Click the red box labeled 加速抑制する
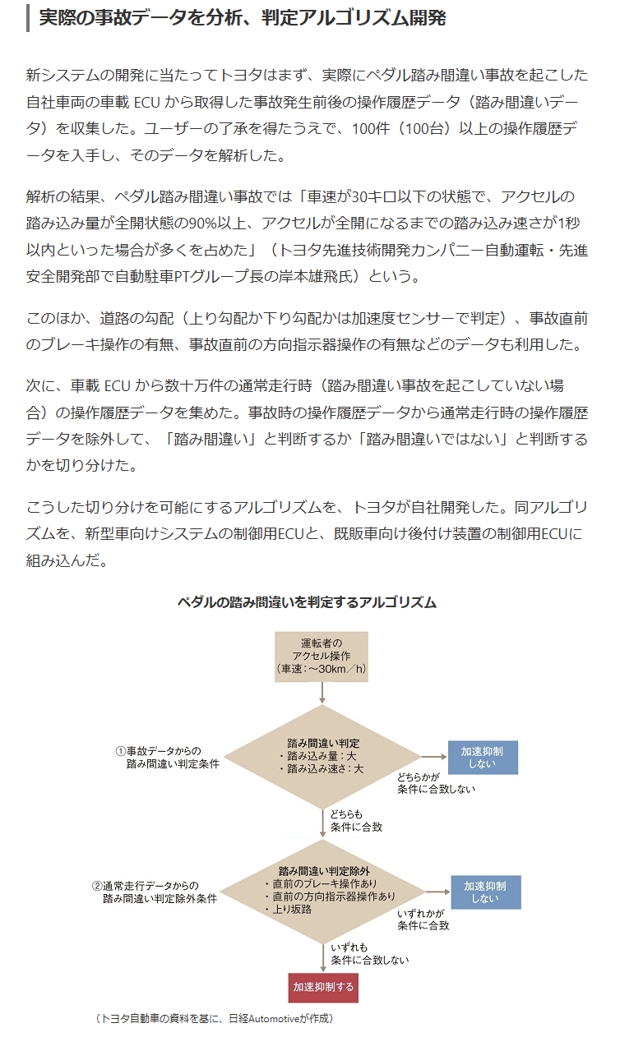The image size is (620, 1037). coord(323,986)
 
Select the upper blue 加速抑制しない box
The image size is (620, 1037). coord(482,757)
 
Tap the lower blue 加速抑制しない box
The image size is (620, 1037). coord(485,892)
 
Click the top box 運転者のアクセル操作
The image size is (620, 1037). coord(322,657)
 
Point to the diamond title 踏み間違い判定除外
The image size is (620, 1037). coord(324,870)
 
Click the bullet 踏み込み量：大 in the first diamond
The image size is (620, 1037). coord(318,755)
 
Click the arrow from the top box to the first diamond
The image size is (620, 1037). coord(322,694)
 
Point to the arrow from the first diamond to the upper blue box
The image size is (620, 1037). coord(432,756)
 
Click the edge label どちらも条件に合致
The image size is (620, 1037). coord(354,820)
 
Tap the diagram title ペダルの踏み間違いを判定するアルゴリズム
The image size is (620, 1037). coord(307,602)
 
